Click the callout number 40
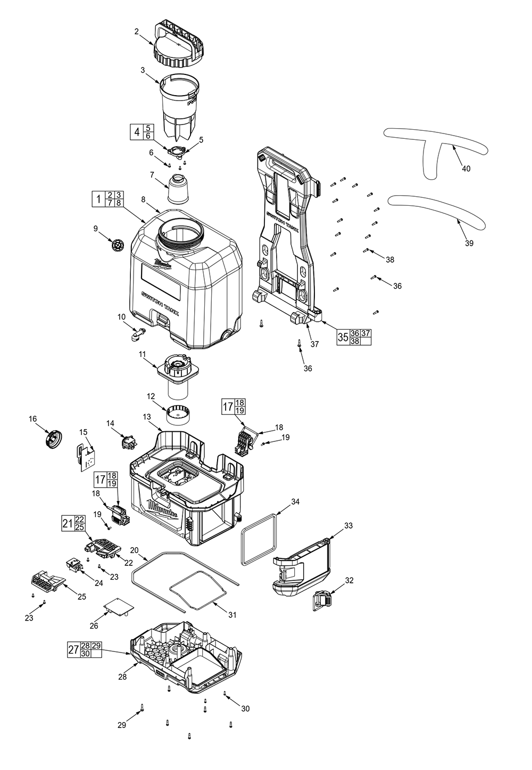[x=466, y=169]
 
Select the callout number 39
[x=469, y=244]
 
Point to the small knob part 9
[x=117, y=246]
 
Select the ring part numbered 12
[x=179, y=414]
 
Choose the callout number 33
[x=348, y=525]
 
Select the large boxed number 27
[x=74, y=649]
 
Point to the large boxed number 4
[x=137, y=132]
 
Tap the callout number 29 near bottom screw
[x=122, y=725]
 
